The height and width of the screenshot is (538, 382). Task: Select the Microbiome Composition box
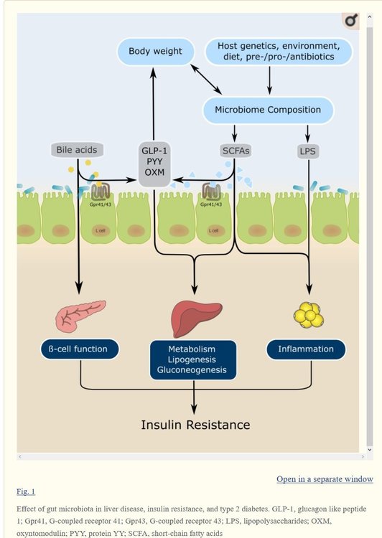point(269,110)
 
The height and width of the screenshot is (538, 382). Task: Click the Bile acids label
point(76,150)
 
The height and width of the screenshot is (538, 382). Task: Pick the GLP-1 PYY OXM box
point(154,164)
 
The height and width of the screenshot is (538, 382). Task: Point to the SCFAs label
point(235,151)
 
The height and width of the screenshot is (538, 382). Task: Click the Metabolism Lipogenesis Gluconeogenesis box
point(193,359)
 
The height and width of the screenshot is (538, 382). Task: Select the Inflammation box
point(306,349)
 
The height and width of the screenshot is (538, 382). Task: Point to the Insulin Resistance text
point(195,425)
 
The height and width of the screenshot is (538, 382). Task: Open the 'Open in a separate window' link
point(325,478)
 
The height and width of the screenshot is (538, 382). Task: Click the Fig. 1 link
point(26,491)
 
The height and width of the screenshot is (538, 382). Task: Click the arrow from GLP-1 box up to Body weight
point(154,100)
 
